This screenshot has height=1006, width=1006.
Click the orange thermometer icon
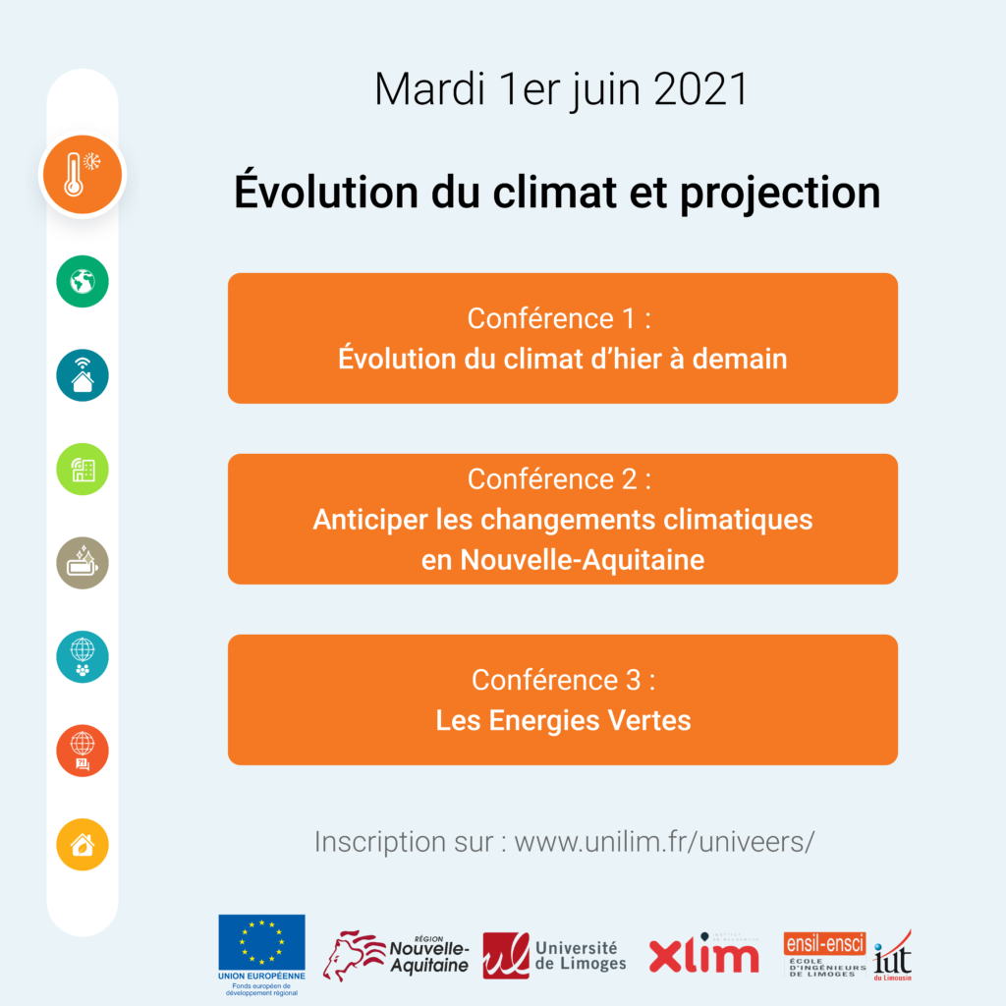[83, 175]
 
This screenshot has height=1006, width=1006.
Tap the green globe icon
[83, 281]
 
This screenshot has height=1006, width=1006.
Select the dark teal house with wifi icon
[83, 375]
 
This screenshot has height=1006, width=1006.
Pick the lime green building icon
[83, 469]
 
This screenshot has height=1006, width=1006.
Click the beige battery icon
[83, 563]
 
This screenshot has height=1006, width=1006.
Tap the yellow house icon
[83, 844]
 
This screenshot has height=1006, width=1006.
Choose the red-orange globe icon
[83, 751]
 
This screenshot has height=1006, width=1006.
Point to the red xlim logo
[703, 954]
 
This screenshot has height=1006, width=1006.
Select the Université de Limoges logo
[554, 955]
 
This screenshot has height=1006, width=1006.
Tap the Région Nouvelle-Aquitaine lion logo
[396, 955]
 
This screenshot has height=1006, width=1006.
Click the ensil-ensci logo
[824, 955]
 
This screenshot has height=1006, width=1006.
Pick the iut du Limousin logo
[892, 956]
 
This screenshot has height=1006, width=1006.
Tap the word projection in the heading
[780, 194]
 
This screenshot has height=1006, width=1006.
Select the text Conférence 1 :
[559, 318]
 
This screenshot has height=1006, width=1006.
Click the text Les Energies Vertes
[563, 720]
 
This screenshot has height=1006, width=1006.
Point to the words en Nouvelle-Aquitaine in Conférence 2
[563, 560]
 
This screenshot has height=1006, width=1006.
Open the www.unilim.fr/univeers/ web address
[665, 842]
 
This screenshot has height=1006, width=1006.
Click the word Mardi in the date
[430, 89]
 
